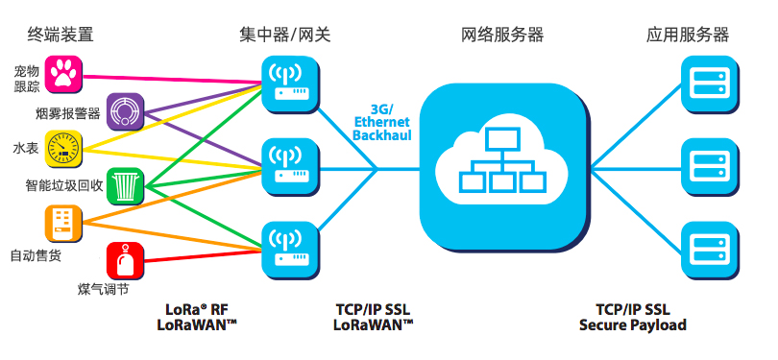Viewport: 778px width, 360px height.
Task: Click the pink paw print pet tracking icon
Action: click(x=64, y=73)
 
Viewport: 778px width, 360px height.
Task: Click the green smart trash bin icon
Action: click(x=125, y=185)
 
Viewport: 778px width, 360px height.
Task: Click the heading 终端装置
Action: click(x=61, y=35)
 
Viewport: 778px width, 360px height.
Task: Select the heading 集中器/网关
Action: click(x=285, y=35)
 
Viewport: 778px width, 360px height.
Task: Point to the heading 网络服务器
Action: click(x=502, y=35)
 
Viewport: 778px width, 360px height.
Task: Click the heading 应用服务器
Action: click(x=688, y=35)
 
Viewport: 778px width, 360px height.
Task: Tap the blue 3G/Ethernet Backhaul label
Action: click(x=381, y=123)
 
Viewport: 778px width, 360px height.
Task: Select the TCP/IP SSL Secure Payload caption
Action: click(x=633, y=317)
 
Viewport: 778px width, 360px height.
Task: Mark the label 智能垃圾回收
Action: click(x=61, y=185)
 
